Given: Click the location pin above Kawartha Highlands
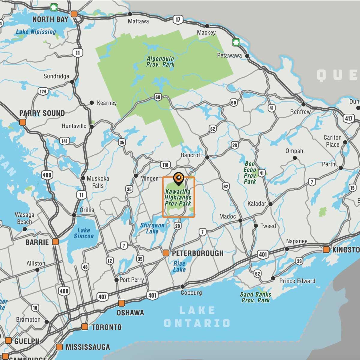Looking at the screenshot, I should click(178, 178).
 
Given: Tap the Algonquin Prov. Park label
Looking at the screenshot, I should click(160, 61).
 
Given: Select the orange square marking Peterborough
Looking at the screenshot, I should click(166, 253).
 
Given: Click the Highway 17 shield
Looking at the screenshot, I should click(178, 20).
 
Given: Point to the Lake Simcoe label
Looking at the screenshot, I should click(84, 233).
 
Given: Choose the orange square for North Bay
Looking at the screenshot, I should click(74, 14).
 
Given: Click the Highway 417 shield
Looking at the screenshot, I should click(349, 118).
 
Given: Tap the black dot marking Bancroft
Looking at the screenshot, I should click(207, 157).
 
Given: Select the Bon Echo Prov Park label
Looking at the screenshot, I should click(250, 172).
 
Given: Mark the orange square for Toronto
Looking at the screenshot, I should click(85, 327).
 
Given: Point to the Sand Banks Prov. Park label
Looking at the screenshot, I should click(256, 297).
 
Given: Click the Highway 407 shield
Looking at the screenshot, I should click(102, 297).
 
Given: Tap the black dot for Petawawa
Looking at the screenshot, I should click(247, 56).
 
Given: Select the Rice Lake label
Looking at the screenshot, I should click(179, 266).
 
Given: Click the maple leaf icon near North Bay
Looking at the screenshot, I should click(54, 7).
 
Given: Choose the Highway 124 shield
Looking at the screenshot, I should click(43, 91).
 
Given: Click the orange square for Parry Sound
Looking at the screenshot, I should click(22, 122).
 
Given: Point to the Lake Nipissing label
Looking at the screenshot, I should click(36, 32).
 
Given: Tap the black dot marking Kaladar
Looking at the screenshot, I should click(270, 204).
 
